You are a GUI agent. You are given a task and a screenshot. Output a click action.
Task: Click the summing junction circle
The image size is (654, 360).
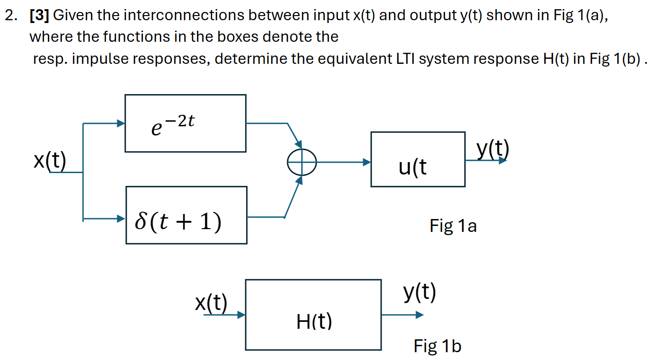(302, 162)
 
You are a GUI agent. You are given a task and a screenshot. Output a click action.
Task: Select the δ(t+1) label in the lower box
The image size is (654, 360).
(178, 222)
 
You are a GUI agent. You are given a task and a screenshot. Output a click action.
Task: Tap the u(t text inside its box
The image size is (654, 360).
(412, 168)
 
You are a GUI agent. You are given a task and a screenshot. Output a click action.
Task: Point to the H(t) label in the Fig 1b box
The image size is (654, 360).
(314, 322)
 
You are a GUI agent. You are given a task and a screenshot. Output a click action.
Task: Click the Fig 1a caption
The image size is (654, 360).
(453, 226)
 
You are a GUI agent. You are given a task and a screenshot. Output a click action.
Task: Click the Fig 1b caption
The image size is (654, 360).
(437, 346)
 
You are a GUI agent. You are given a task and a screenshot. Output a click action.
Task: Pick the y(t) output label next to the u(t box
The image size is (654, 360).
(492, 149)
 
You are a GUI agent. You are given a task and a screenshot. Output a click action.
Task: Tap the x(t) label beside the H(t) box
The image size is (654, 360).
(211, 303)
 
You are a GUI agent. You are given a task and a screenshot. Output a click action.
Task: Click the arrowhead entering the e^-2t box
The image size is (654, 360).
(121, 124)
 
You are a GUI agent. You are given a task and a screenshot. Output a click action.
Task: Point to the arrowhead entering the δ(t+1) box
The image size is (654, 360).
(121, 219)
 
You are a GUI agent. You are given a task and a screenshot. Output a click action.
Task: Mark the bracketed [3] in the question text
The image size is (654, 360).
(39, 16)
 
